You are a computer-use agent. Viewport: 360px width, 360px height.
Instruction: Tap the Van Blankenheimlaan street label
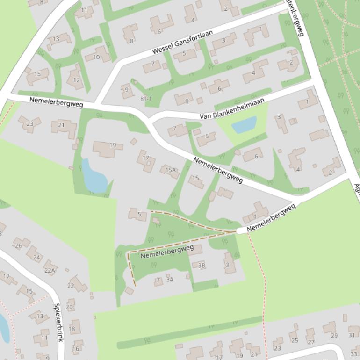pyautogui.click(x=232, y=108)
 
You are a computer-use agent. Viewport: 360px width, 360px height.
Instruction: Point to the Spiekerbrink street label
pyautogui.click(x=58, y=323)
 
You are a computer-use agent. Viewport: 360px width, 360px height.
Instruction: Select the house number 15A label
pyautogui.click(x=171, y=170)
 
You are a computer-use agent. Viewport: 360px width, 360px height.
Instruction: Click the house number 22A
pyautogui.click(x=50, y=270)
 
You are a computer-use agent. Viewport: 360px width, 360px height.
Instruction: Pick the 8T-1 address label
pyautogui.click(x=146, y=99)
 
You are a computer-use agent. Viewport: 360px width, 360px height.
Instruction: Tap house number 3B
pyautogui.click(x=202, y=266)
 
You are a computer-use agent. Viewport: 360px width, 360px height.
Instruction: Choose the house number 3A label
pyautogui.click(x=170, y=280)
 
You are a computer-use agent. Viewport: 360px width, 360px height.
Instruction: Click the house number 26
pyautogui.click(x=18, y=245)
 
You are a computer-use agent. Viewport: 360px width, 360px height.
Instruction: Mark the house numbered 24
pyautogui.click(x=36, y=257)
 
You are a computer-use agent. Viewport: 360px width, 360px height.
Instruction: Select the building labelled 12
pyautogui.click(x=76, y=79)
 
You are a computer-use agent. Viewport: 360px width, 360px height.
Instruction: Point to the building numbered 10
pyautogui.click(x=96, y=57)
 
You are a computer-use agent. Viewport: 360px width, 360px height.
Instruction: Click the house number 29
pyautogui.click(x=334, y=336)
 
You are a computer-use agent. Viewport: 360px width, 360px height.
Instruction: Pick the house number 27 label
pyautogui.click(x=310, y=342)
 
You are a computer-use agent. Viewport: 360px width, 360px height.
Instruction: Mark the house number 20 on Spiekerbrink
pyautogui.click(x=70, y=307)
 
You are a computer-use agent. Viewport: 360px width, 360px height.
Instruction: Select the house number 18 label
pyautogui.click(x=72, y=329)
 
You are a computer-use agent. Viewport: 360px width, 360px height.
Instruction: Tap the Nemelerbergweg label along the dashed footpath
pyautogui.click(x=167, y=252)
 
